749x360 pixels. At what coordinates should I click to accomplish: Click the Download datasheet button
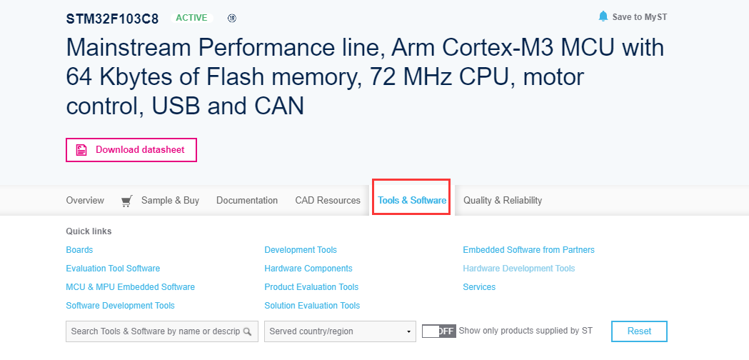(131, 150)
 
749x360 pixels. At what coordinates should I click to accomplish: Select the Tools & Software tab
(412, 201)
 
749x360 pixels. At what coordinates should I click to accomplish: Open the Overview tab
(85, 201)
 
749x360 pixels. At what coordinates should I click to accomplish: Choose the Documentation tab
(247, 201)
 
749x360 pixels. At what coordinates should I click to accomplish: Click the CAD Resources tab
(328, 201)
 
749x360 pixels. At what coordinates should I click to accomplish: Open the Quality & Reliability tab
(503, 201)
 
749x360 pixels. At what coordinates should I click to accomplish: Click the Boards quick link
(79, 250)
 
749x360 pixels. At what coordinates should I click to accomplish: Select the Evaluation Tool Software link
(113, 269)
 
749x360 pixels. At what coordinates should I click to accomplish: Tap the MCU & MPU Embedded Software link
(130, 287)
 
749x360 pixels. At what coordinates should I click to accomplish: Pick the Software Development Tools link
(120, 306)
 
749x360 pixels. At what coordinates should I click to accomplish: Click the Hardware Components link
(308, 269)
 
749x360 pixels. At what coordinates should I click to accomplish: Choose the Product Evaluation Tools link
(311, 287)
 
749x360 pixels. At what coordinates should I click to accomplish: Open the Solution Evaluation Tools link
(312, 306)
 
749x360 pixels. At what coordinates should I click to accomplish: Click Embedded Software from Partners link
(528, 250)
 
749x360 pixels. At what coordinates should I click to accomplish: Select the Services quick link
(479, 287)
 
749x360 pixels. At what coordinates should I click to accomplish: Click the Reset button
(639, 331)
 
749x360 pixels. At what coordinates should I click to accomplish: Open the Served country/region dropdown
(340, 331)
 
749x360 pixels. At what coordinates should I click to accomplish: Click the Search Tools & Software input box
(155, 331)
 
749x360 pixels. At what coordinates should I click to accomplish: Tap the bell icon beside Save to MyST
(603, 16)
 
